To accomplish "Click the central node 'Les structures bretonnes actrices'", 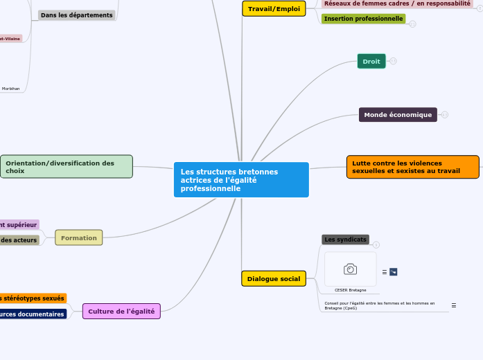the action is click(x=240, y=180).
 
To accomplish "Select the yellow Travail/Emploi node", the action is click(x=274, y=9).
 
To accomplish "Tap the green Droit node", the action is click(x=371, y=62).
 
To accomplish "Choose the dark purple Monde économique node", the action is click(x=398, y=115).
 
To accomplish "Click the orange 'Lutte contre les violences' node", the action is click(x=412, y=167).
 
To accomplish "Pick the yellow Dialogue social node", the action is click(x=274, y=279).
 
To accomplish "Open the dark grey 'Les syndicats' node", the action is click(x=345, y=240).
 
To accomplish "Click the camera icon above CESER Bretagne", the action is click(x=350, y=269).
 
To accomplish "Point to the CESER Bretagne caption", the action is click(x=350, y=290).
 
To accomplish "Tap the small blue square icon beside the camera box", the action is click(x=393, y=272).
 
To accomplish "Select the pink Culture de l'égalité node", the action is click(x=121, y=312).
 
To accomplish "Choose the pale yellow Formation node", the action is click(x=79, y=238).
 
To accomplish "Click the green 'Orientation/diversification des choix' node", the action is click(x=67, y=167).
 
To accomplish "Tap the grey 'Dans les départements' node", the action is click(x=76, y=15).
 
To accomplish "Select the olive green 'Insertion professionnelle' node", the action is click(x=363, y=19).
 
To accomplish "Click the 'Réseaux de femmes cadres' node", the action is click(x=397, y=3).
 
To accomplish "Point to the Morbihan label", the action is click(x=10, y=89).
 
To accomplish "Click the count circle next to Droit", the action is click(x=393, y=62).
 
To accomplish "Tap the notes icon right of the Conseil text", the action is click(x=454, y=305).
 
